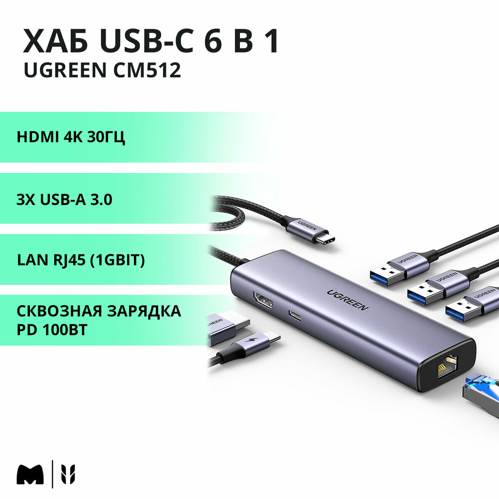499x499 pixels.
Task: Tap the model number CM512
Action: click(x=147, y=70)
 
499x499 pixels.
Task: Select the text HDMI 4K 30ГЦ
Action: click(x=71, y=137)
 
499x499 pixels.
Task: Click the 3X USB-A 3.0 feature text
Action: click(x=64, y=200)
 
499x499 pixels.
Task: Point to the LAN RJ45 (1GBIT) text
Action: click(x=81, y=260)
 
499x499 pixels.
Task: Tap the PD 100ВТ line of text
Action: click(x=52, y=330)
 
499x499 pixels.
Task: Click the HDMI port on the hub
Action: click(x=262, y=301)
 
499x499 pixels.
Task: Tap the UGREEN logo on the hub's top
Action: click(x=347, y=299)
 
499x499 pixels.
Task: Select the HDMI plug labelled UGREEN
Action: click(x=227, y=327)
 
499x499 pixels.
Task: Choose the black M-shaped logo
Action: click(x=30, y=474)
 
